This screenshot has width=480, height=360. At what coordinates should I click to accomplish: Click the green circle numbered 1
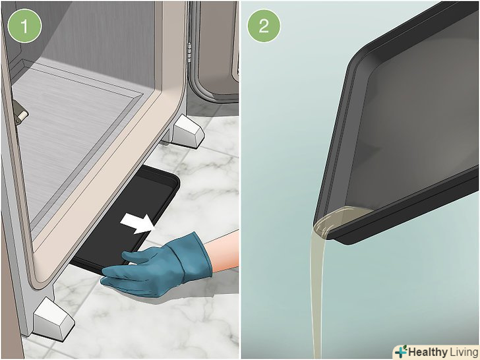pos(24,26)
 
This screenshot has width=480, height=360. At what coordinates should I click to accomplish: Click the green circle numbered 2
pos(264,26)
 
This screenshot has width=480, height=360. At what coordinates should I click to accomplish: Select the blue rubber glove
pos(157,265)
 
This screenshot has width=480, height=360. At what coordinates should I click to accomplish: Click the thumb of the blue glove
pos(135,256)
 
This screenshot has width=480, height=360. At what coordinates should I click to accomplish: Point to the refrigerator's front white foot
pos(53,319)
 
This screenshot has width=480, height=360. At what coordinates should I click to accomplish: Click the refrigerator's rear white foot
pos(187,132)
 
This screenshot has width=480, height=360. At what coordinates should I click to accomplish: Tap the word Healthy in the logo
pos(428,352)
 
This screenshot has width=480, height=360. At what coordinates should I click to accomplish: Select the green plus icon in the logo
pos(401,351)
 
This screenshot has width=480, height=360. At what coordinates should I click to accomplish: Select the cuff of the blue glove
pos(196,256)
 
